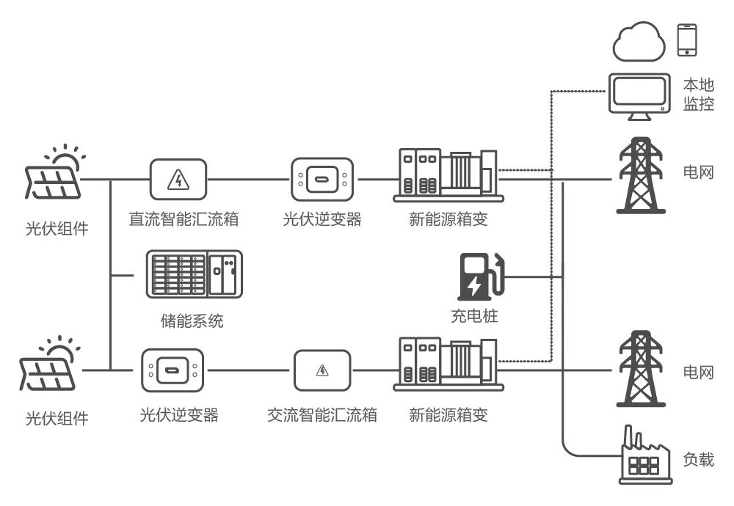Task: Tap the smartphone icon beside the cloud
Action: (686, 40)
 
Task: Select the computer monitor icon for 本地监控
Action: (639, 97)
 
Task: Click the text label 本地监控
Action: (698, 94)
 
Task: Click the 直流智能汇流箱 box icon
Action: (178, 179)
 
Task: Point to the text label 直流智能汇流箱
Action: (183, 219)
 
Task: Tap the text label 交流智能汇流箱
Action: (322, 415)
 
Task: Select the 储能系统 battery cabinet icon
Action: (194, 274)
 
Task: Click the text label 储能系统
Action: (192, 320)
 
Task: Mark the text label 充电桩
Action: (474, 317)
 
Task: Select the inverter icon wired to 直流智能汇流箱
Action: (322, 179)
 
